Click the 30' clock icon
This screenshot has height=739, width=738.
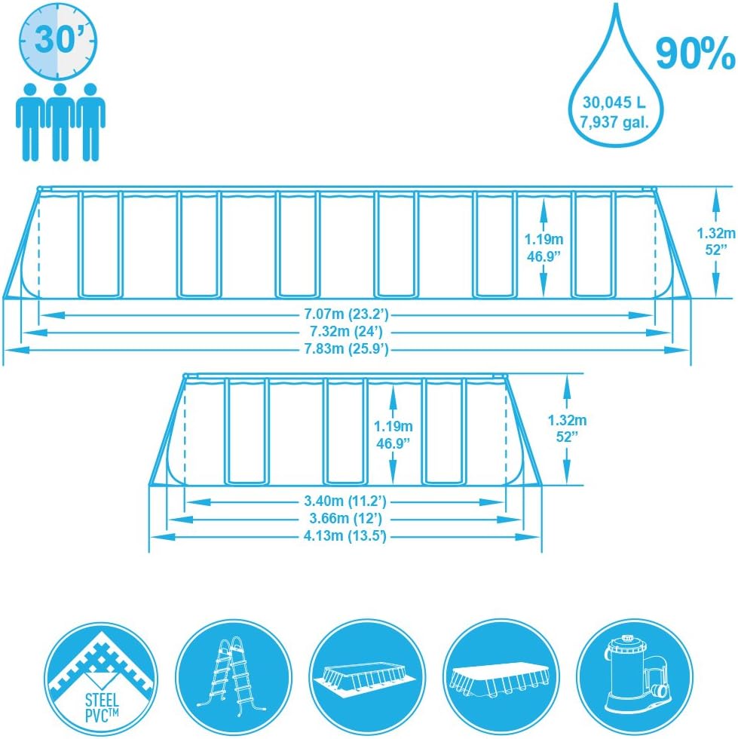pos(58,41)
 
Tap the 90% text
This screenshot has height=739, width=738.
pos(694,54)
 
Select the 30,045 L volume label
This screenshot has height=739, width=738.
pos(614,103)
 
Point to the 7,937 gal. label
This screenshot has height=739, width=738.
pos(614,122)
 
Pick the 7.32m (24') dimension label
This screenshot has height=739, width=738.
pos(346,332)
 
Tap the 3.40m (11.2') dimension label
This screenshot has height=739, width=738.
pos(345,501)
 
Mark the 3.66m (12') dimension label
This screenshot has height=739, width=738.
pos(345,519)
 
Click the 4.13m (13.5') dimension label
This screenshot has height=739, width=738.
pos(345,536)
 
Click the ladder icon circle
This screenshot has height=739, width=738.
pos(234,678)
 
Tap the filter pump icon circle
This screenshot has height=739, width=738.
pos(635,678)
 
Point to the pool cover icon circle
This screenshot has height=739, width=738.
pos(501,678)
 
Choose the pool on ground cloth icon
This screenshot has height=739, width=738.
pos(367,678)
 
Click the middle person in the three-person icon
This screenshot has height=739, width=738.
pos(60,122)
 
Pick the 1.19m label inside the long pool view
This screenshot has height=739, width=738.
pos(544,240)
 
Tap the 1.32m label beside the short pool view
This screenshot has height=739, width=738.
pos(567,420)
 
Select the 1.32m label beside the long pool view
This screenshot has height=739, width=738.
pos(716,233)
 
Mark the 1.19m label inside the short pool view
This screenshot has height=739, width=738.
pos(393,427)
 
